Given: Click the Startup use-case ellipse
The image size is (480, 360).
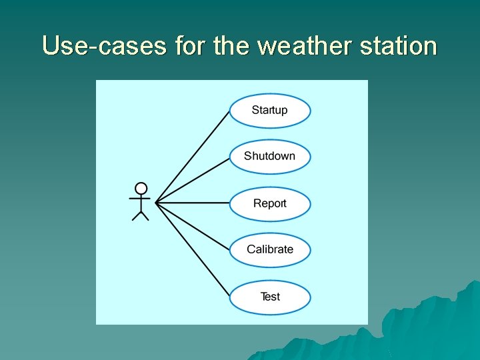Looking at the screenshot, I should (270, 111).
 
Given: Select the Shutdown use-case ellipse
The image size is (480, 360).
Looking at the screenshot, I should (270, 157).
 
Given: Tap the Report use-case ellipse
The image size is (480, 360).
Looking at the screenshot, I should (270, 204).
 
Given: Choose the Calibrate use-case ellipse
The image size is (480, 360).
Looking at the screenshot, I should (270, 250).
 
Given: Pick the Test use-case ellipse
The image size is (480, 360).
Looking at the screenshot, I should (270, 297).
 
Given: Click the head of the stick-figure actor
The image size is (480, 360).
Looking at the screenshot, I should (141, 188).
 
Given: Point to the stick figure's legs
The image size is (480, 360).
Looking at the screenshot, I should (141, 214).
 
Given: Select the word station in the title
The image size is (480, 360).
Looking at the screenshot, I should (399, 46).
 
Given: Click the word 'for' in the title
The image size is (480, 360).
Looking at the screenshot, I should (190, 46).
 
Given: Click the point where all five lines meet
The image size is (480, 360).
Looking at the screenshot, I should (156, 203).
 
